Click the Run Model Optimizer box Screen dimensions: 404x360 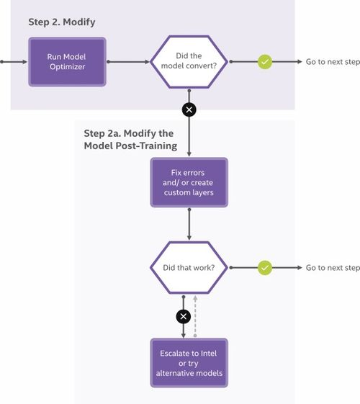[x=67, y=61]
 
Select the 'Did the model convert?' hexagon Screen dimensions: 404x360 [x=189, y=61]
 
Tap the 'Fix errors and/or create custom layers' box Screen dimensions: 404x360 [x=189, y=182]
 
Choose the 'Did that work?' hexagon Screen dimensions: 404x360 [x=189, y=268]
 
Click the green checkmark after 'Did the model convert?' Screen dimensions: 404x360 [x=265, y=62]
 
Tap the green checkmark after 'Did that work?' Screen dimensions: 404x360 [x=265, y=268]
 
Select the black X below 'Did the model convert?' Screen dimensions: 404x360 [x=189, y=109]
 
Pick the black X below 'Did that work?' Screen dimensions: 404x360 [x=184, y=315]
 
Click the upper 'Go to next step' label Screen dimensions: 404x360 [x=332, y=62]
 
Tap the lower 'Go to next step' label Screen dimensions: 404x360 [x=332, y=268]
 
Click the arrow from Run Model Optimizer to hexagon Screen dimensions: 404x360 [x=127, y=62]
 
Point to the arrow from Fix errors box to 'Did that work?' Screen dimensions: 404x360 [x=189, y=226]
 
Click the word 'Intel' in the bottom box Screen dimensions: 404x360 [x=214, y=353]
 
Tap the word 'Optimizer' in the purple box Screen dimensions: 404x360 [x=67, y=67]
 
